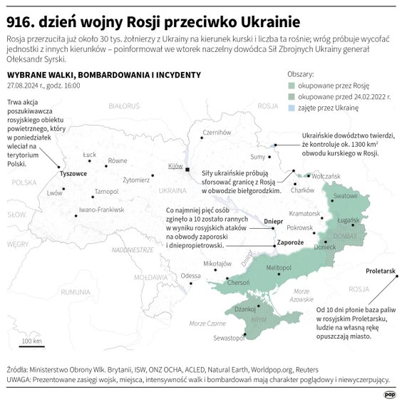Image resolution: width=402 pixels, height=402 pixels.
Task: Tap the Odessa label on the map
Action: tap(190, 275)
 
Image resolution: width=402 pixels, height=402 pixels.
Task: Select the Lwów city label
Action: tap(54, 192)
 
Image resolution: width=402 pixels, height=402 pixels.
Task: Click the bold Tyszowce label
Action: tap(73, 173)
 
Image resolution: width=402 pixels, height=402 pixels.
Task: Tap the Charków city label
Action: tap(303, 190)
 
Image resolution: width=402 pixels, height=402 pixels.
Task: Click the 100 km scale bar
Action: tap(31, 346)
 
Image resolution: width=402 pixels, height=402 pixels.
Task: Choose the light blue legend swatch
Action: tap(292, 108)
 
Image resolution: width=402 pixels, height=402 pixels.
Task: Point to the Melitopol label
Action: tap(279, 266)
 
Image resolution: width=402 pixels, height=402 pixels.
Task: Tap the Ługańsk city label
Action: tap(351, 222)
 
